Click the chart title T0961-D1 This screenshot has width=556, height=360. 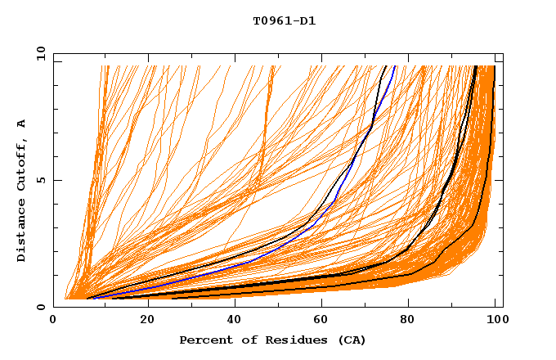coord(284,21)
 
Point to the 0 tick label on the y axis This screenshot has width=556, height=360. coord(41,307)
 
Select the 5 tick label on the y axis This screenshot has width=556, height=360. coord(41,180)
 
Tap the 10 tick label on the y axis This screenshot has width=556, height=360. coord(38,53)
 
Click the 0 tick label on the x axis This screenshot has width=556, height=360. coord(54,321)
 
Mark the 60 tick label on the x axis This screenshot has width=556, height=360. coord(319,321)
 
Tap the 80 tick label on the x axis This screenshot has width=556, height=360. coord(407,321)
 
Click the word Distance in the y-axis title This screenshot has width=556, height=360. coord(22,232)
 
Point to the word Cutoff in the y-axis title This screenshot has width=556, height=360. coord(22,164)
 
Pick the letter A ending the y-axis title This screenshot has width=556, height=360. coord(22,123)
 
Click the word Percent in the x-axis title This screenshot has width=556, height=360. coord(204,340)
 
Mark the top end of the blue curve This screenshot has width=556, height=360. coord(395,66)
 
